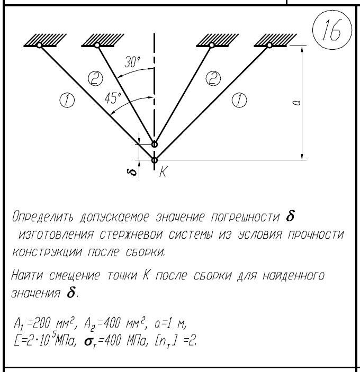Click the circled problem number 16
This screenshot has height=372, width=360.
[x=332, y=30]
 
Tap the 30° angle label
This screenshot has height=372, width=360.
[x=132, y=62]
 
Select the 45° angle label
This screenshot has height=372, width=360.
[x=113, y=98]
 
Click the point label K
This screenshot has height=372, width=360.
[x=163, y=171]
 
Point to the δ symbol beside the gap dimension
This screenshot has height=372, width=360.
[x=133, y=172]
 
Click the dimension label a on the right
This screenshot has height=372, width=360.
[x=296, y=103]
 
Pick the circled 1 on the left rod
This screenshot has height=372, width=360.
[x=67, y=101]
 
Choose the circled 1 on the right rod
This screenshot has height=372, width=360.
[x=239, y=100]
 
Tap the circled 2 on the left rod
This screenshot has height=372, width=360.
[x=95, y=78]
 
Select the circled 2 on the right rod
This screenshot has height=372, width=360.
[x=213, y=78]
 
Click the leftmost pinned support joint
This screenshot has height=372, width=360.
[x=39, y=45]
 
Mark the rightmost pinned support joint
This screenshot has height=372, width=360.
[x=269, y=45]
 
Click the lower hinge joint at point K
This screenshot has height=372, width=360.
[x=155, y=160]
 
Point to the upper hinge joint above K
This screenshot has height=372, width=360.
[x=155, y=144]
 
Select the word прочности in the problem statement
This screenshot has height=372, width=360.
[x=316, y=235]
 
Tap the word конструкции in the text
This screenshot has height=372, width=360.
[x=47, y=252]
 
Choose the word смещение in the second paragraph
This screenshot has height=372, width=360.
[x=75, y=276]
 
